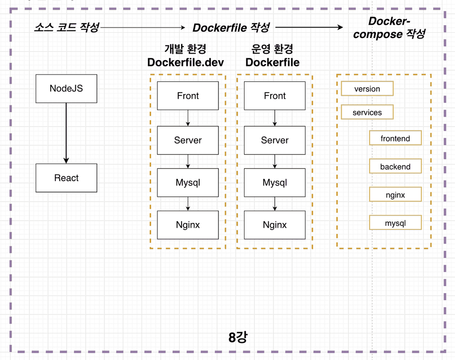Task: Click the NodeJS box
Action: tap(66, 89)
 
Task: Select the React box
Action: tap(66, 178)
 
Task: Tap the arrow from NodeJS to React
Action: tap(66, 133)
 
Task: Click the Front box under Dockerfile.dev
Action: tap(188, 95)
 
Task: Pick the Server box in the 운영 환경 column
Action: tap(274, 140)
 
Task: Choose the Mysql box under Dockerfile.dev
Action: tap(188, 183)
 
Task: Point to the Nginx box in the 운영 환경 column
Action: tap(274, 225)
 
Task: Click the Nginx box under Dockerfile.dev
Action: tap(188, 225)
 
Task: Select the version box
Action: tap(367, 89)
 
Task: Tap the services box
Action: tap(367, 112)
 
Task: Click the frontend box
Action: tap(395, 138)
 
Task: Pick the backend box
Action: tap(395, 166)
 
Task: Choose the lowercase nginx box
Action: tap(395, 194)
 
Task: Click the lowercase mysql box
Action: tap(395, 222)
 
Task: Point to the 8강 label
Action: tap(238, 337)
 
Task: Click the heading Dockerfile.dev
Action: tap(185, 63)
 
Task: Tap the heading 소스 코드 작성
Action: tap(67, 28)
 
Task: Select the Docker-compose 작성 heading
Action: tap(389, 28)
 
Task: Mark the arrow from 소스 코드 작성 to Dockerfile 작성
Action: tap(143, 28)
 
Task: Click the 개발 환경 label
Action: tap(185, 49)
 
